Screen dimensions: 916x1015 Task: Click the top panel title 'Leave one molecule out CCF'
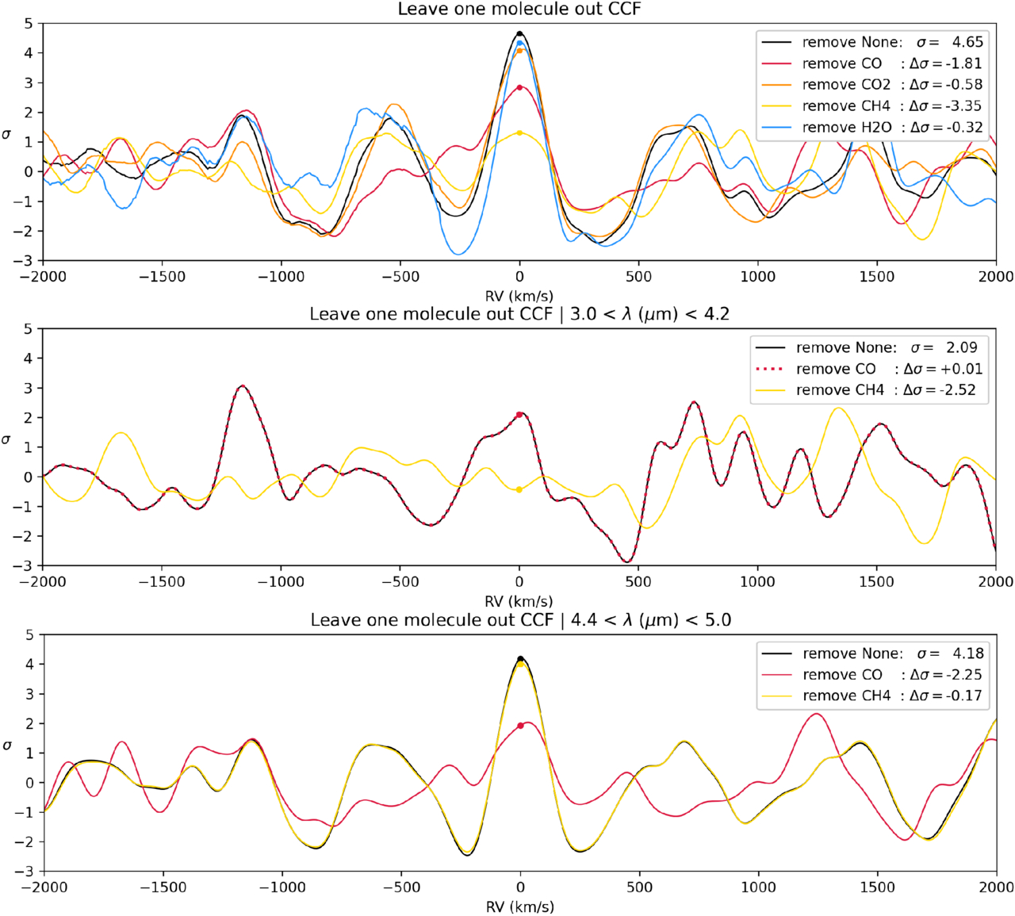pos(519,10)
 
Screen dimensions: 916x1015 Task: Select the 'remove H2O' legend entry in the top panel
pos(846,128)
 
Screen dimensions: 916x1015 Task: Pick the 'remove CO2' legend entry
pos(846,85)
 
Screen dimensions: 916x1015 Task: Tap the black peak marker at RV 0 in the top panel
pos(519,34)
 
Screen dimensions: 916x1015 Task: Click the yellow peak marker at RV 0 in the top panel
pos(519,132)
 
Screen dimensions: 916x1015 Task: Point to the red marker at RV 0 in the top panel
pos(519,87)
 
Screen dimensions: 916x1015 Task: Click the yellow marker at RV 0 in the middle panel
pos(519,490)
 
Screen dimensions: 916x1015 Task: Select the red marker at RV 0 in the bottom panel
pos(520,726)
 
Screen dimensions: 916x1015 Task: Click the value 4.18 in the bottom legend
pos(967,653)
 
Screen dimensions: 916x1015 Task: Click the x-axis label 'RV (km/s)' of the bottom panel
pos(519,906)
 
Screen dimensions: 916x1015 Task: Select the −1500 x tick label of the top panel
pos(162,277)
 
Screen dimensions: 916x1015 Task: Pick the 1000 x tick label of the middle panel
pos(757,582)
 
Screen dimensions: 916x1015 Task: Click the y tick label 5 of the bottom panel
pos(29,634)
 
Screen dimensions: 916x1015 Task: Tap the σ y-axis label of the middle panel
pos(7,439)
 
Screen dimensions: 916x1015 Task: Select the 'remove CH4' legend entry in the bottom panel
pos(846,696)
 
